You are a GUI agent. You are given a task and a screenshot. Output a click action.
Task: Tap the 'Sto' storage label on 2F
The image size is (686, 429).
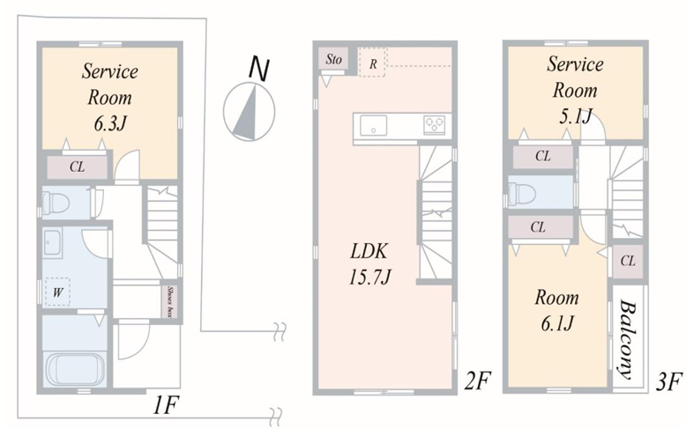click(333, 59)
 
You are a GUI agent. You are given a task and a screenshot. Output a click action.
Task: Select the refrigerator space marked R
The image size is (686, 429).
click(372, 63)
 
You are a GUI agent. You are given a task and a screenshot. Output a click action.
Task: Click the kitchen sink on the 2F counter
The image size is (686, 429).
click(373, 126)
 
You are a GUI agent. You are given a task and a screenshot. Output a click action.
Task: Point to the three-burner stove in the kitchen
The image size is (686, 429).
click(434, 124)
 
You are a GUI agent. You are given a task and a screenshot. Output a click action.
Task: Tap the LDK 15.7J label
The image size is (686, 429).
click(369, 264)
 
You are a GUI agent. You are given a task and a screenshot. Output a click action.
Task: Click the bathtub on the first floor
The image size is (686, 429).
click(75, 370)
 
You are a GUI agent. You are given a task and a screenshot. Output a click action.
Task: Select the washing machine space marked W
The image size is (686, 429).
click(57, 292)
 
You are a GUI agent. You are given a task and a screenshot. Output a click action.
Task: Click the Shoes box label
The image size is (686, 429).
click(171, 301)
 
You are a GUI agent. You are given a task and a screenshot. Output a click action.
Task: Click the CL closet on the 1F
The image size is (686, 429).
click(78, 166)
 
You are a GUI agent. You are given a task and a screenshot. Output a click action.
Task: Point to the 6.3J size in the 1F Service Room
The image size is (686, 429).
click(109, 124)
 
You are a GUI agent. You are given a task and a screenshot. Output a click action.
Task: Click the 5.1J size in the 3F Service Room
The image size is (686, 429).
click(575, 116)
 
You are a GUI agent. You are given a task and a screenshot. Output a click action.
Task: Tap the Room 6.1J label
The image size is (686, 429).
click(556, 310)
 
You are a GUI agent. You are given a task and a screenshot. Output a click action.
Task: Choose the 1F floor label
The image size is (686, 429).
click(165, 406)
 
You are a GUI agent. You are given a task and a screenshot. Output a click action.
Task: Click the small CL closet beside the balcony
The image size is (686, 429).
click(628, 262)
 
